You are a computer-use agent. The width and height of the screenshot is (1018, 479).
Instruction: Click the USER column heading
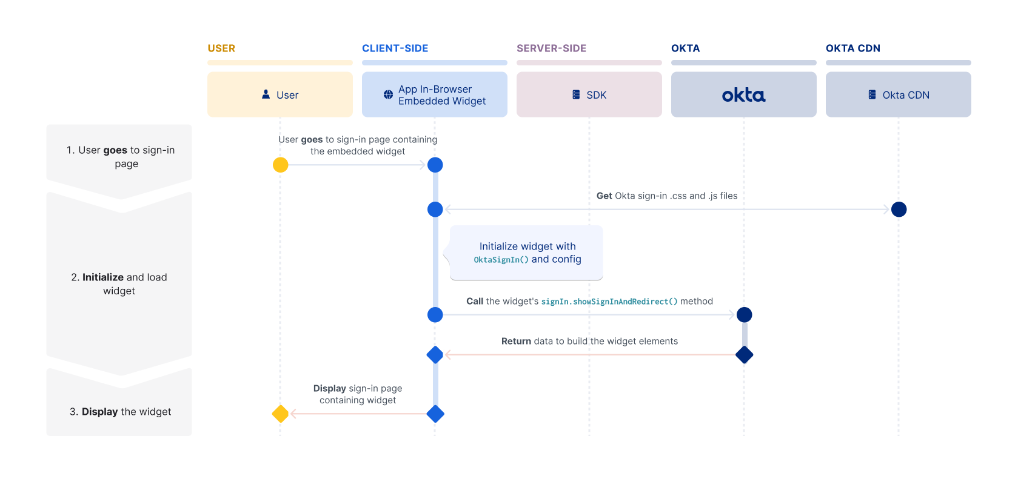pyautogui.click(x=221, y=48)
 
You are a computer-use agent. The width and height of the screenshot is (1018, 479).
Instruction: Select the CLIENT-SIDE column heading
pyautogui.click(x=395, y=48)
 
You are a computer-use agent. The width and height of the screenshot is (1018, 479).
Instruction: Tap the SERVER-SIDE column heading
pyautogui.click(x=551, y=48)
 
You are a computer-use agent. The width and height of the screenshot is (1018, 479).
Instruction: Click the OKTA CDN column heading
pyautogui.click(x=852, y=48)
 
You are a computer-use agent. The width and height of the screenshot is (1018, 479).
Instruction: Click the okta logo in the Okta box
pyautogui.click(x=743, y=95)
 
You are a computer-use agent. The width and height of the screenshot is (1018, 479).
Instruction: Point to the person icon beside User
pyautogui.click(x=266, y=94)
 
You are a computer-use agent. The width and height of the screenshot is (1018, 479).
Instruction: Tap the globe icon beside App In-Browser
pyautogui.click(x=388, y=95)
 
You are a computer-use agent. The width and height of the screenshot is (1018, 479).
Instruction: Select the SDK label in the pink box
pyautogui.click(x=596, y=95)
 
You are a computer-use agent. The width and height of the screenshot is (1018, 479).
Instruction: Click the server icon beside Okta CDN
pyautogui.click(x=872, y=95)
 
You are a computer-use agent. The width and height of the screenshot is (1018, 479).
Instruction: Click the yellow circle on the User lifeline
pyautogui.click(x=280, y=165)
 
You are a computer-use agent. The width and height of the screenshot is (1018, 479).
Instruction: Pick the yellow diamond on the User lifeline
pyautogui.click(x=280, y=414)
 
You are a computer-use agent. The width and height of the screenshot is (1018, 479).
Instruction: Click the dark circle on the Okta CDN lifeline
pyautogui.click(x=899, y=210)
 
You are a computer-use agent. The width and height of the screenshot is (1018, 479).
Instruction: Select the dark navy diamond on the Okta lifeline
pyautogui.click(x=744, y=355)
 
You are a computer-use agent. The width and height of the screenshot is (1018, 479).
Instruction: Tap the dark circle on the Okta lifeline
pyautogui.click(x=744, y=315)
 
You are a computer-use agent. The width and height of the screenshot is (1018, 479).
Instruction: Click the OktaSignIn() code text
pyautogui.click(x=501, y=260)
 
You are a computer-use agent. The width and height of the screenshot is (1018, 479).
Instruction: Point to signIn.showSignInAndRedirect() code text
pyautogui.click(x=609, y=302)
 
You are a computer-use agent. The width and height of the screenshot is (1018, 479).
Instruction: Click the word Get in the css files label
pyautogui.click(x=604, y=196)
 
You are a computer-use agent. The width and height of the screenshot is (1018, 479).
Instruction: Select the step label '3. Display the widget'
pyautogui.click(x=120, y=412)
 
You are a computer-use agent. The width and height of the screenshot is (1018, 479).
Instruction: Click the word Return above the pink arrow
pyautogui.click(x=516, y=342)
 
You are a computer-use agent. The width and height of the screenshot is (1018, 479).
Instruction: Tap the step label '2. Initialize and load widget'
pyautogui.click(x=119, y=284)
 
